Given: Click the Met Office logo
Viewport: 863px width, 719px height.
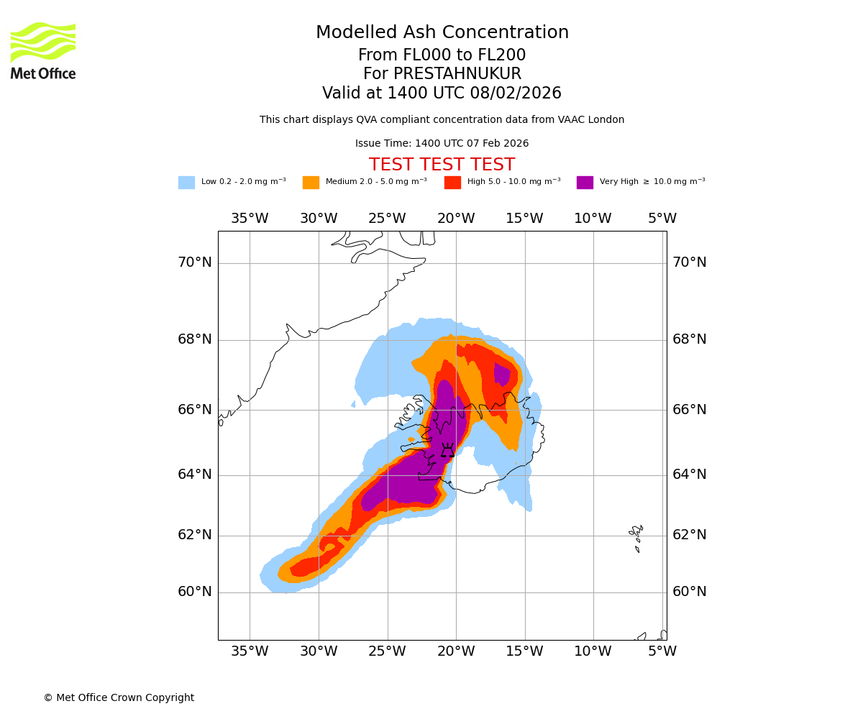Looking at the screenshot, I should [x=43, y=50].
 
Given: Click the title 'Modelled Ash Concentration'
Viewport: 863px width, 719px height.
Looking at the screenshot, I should [x=442, y=33].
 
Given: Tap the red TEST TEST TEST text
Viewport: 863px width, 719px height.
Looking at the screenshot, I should [x=442, y=165].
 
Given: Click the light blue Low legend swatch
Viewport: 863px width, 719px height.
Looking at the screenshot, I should [x=186, y=183].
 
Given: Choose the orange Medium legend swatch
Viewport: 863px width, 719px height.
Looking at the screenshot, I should [x=311, y=183].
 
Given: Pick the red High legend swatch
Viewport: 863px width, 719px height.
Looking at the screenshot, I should [x=452, y=183].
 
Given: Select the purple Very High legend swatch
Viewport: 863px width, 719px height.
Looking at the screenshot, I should [x=585, y=183].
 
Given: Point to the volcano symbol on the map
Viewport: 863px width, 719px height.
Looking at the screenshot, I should [x=447, y=451].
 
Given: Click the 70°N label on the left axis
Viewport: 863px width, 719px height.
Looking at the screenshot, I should [x=195, y=262].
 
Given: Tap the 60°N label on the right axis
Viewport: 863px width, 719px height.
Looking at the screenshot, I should [x=689, y=592].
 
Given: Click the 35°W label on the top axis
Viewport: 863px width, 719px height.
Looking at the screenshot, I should [x=250, y=219].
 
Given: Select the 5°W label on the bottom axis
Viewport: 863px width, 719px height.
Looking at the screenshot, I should [x=662, y=651].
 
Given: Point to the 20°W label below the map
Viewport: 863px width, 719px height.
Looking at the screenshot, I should [x=456, y=651].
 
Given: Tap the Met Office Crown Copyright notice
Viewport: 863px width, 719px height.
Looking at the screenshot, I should [x=119, y=697].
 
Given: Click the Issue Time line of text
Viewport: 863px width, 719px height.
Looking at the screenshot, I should [x=442, y=144].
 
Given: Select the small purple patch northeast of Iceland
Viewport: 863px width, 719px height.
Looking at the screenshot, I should [x=502, y=374].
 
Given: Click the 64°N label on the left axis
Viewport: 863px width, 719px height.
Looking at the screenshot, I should [x=195, y=475].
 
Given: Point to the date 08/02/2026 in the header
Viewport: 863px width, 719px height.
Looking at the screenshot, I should [x=516, y=93].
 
